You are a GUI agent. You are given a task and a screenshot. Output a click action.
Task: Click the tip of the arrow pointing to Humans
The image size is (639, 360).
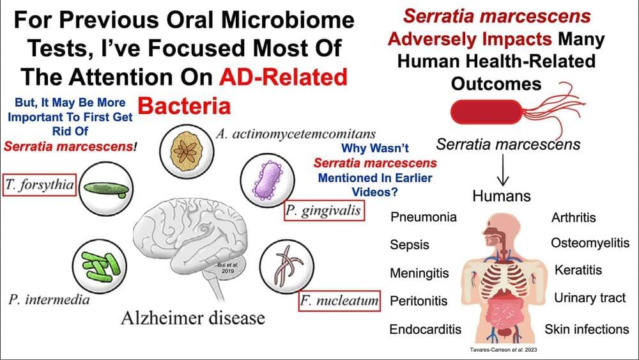coord(503,185)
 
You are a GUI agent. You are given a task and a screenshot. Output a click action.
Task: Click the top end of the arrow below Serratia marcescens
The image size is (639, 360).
coord(503,154)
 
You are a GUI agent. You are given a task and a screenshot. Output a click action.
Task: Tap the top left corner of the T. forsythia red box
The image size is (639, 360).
coord(3,175)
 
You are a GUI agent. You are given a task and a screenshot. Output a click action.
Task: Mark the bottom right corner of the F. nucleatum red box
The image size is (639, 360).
coord(380,311)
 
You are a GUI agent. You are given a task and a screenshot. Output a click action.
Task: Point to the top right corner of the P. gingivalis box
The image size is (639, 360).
coord(364,201)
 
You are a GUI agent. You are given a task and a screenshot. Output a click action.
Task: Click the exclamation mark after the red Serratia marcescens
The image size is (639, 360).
coord(135,146)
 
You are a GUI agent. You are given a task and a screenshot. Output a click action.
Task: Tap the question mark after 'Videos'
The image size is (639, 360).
coord(394,192)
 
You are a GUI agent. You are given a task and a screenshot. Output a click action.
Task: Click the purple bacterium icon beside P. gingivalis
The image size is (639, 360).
coord(267,180)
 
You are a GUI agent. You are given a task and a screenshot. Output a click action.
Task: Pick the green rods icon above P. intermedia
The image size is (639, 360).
coord(100,267)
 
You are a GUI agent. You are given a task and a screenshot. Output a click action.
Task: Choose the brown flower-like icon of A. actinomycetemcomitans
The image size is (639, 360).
coord(187,151)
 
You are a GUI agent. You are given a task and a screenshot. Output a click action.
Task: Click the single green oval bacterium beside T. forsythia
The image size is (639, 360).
coord(106,189)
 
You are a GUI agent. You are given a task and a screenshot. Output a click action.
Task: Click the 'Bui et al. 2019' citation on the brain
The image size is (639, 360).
coord(227,267)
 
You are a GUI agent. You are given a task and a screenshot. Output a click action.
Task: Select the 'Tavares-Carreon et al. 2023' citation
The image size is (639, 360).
coord(504,349)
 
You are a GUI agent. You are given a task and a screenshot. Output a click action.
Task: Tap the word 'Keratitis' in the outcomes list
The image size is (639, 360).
coord(578,270)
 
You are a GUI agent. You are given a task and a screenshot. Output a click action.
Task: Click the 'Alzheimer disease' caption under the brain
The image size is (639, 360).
coord(193,318)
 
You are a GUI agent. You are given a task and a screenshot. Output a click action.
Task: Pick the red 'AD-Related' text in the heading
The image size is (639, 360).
coord(283,77)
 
